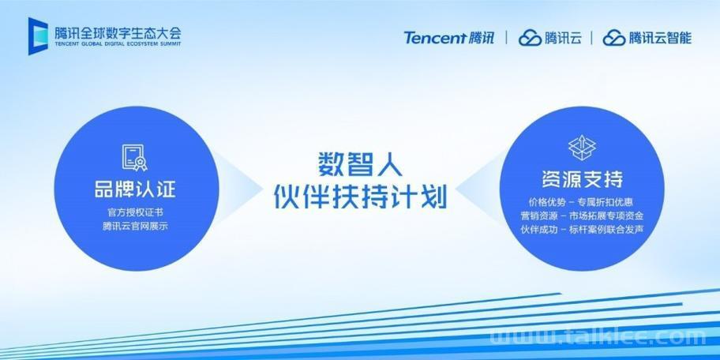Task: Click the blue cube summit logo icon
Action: (x=38, y=36)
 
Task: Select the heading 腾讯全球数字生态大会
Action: (x=118, y=33)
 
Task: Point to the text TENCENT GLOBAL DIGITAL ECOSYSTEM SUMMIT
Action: (x=118, y=44)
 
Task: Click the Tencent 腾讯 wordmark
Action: (x=449, y=38)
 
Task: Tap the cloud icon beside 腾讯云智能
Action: (x=614, y=38)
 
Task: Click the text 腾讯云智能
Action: (x=660, y=38)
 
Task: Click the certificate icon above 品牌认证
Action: (x=134, y=158)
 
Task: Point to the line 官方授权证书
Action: (x=136, y=213)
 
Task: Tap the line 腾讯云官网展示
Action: (x=136, y=227)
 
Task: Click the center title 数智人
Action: (x=361, y=165)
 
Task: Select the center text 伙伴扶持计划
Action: (x=361, y=197)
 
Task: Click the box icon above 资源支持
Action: (x=582, y=148)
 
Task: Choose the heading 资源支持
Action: (x=583, y=179)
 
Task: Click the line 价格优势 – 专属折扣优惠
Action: (x=582, y=202)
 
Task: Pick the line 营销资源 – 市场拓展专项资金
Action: (x=582, y=216)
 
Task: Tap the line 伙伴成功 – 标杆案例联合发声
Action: (x=582, y=229)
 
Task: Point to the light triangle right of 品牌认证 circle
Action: (x=238, y=188)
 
